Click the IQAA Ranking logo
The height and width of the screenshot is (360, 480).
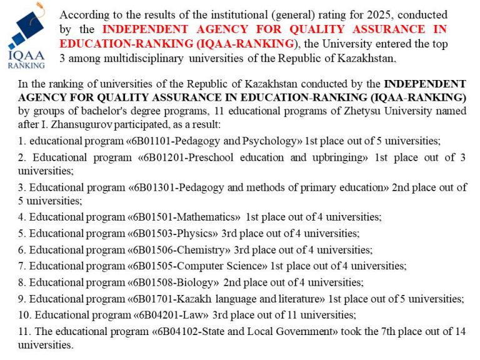tap(26, 35)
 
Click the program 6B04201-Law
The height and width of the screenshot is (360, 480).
tap(171, 315)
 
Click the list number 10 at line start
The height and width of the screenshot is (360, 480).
tap(24, 315)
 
